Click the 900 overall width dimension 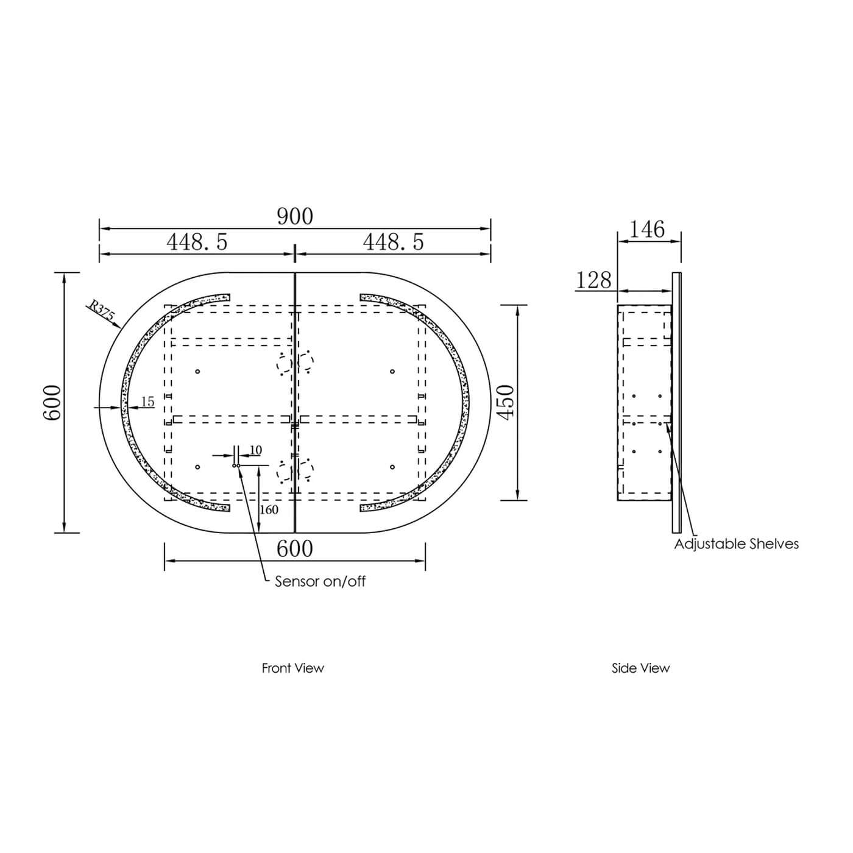tap(295, 216)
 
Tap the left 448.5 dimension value tap(197, 242)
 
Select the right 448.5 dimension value tap(393, 242)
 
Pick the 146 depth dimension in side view tap(646, 229)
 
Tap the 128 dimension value tap(593, 280)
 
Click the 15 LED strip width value tap(147, 402)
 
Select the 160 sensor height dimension tap(269, 509)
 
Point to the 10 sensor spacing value tap(256, 450)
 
